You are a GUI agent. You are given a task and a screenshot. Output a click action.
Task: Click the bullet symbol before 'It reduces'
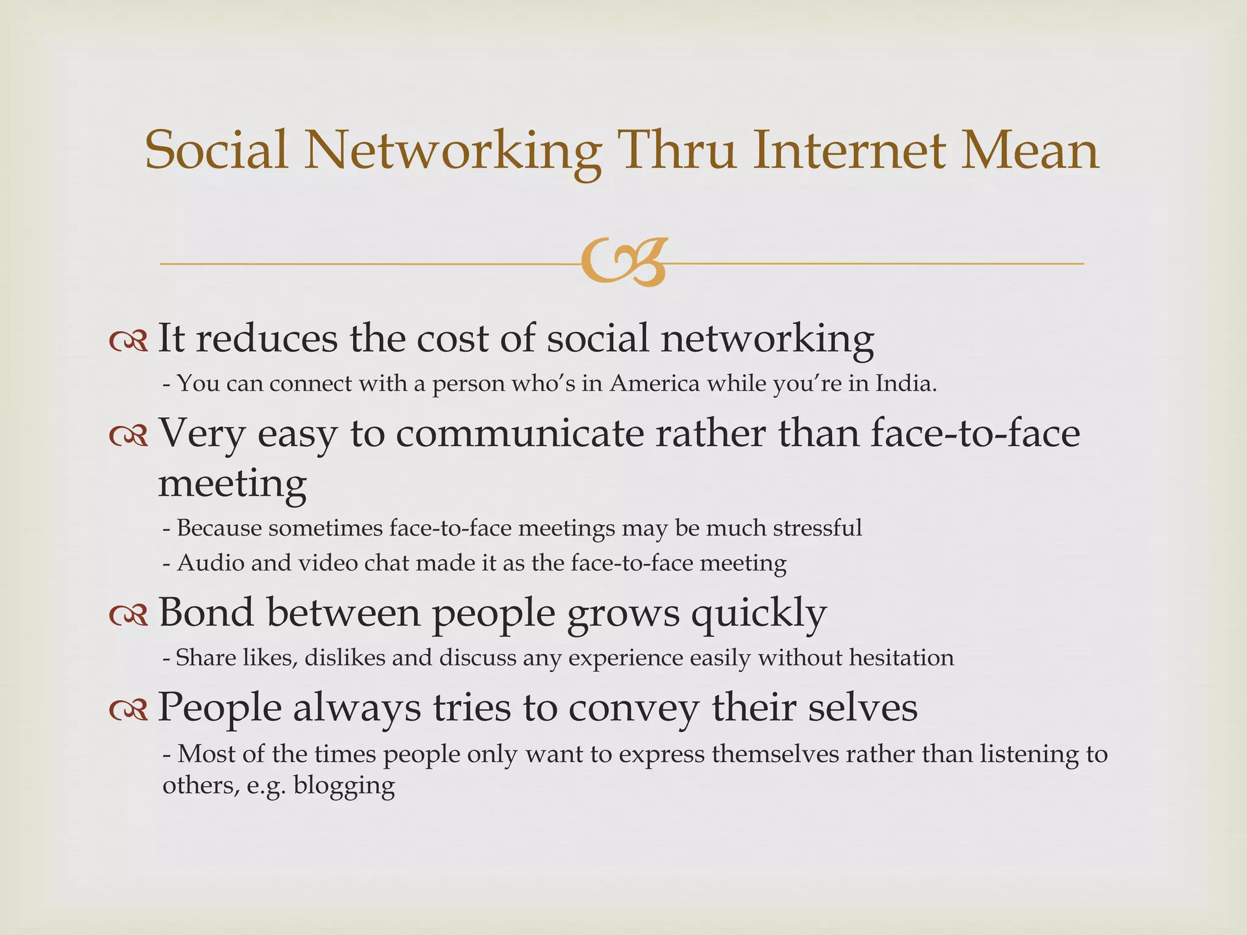pos(128,341)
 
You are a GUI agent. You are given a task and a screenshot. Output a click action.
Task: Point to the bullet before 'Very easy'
pos(128,436)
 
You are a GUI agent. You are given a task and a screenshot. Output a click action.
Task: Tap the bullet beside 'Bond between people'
pos(128,615)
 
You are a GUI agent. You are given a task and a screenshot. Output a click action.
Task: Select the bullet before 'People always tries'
pos(128,710)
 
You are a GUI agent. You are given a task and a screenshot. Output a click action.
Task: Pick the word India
pos(905,383)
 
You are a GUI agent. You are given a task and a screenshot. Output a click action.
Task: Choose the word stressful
pos(817,528)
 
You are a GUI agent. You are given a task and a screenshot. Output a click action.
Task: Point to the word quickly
pos(758,614)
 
